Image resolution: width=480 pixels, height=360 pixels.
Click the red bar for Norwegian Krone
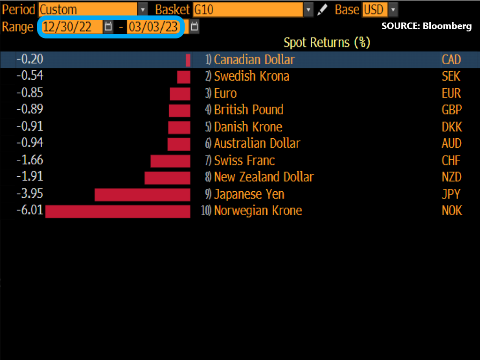pyautogui.click(x=118, y=211)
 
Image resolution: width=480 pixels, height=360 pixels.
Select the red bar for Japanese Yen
pyautogui.click(x=142, y=195)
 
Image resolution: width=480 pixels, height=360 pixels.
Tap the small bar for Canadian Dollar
pyautogui.click(x=188, y=60)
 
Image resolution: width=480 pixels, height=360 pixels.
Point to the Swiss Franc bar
pyautogui.click(x=170, y=161)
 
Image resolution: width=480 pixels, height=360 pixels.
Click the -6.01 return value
pyautogui.click(x=30, y=210)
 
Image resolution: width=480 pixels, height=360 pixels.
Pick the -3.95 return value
pyautogui.click(x=30, y=194)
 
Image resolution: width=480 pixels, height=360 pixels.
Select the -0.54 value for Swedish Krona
pyautogui.click(x=30, y=76)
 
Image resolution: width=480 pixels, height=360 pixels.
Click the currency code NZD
pyautogui.click(x=451, y=177)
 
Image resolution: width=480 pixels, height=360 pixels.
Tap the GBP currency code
pyautogui.click(x=451, y=110)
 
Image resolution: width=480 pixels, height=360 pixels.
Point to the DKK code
pyautogui.click(x=451, y=127)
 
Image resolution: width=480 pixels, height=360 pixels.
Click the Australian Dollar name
pyautogui.click(x=257, y=143)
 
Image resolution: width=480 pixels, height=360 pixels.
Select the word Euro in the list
pyautogui.click(x=225, y=93)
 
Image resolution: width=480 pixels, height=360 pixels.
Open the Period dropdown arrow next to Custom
pyautogui.click(x=142, y=9)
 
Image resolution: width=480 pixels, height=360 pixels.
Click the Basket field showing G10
pyautogui.click(x=248, y=9)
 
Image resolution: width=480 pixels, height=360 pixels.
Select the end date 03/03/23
pyautogui.click(x=153, y=27)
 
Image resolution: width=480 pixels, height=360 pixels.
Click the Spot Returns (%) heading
pyautogui.click(x=327, y=43)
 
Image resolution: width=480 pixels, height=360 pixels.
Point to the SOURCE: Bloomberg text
pyautogui.click(x=426, y=26)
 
